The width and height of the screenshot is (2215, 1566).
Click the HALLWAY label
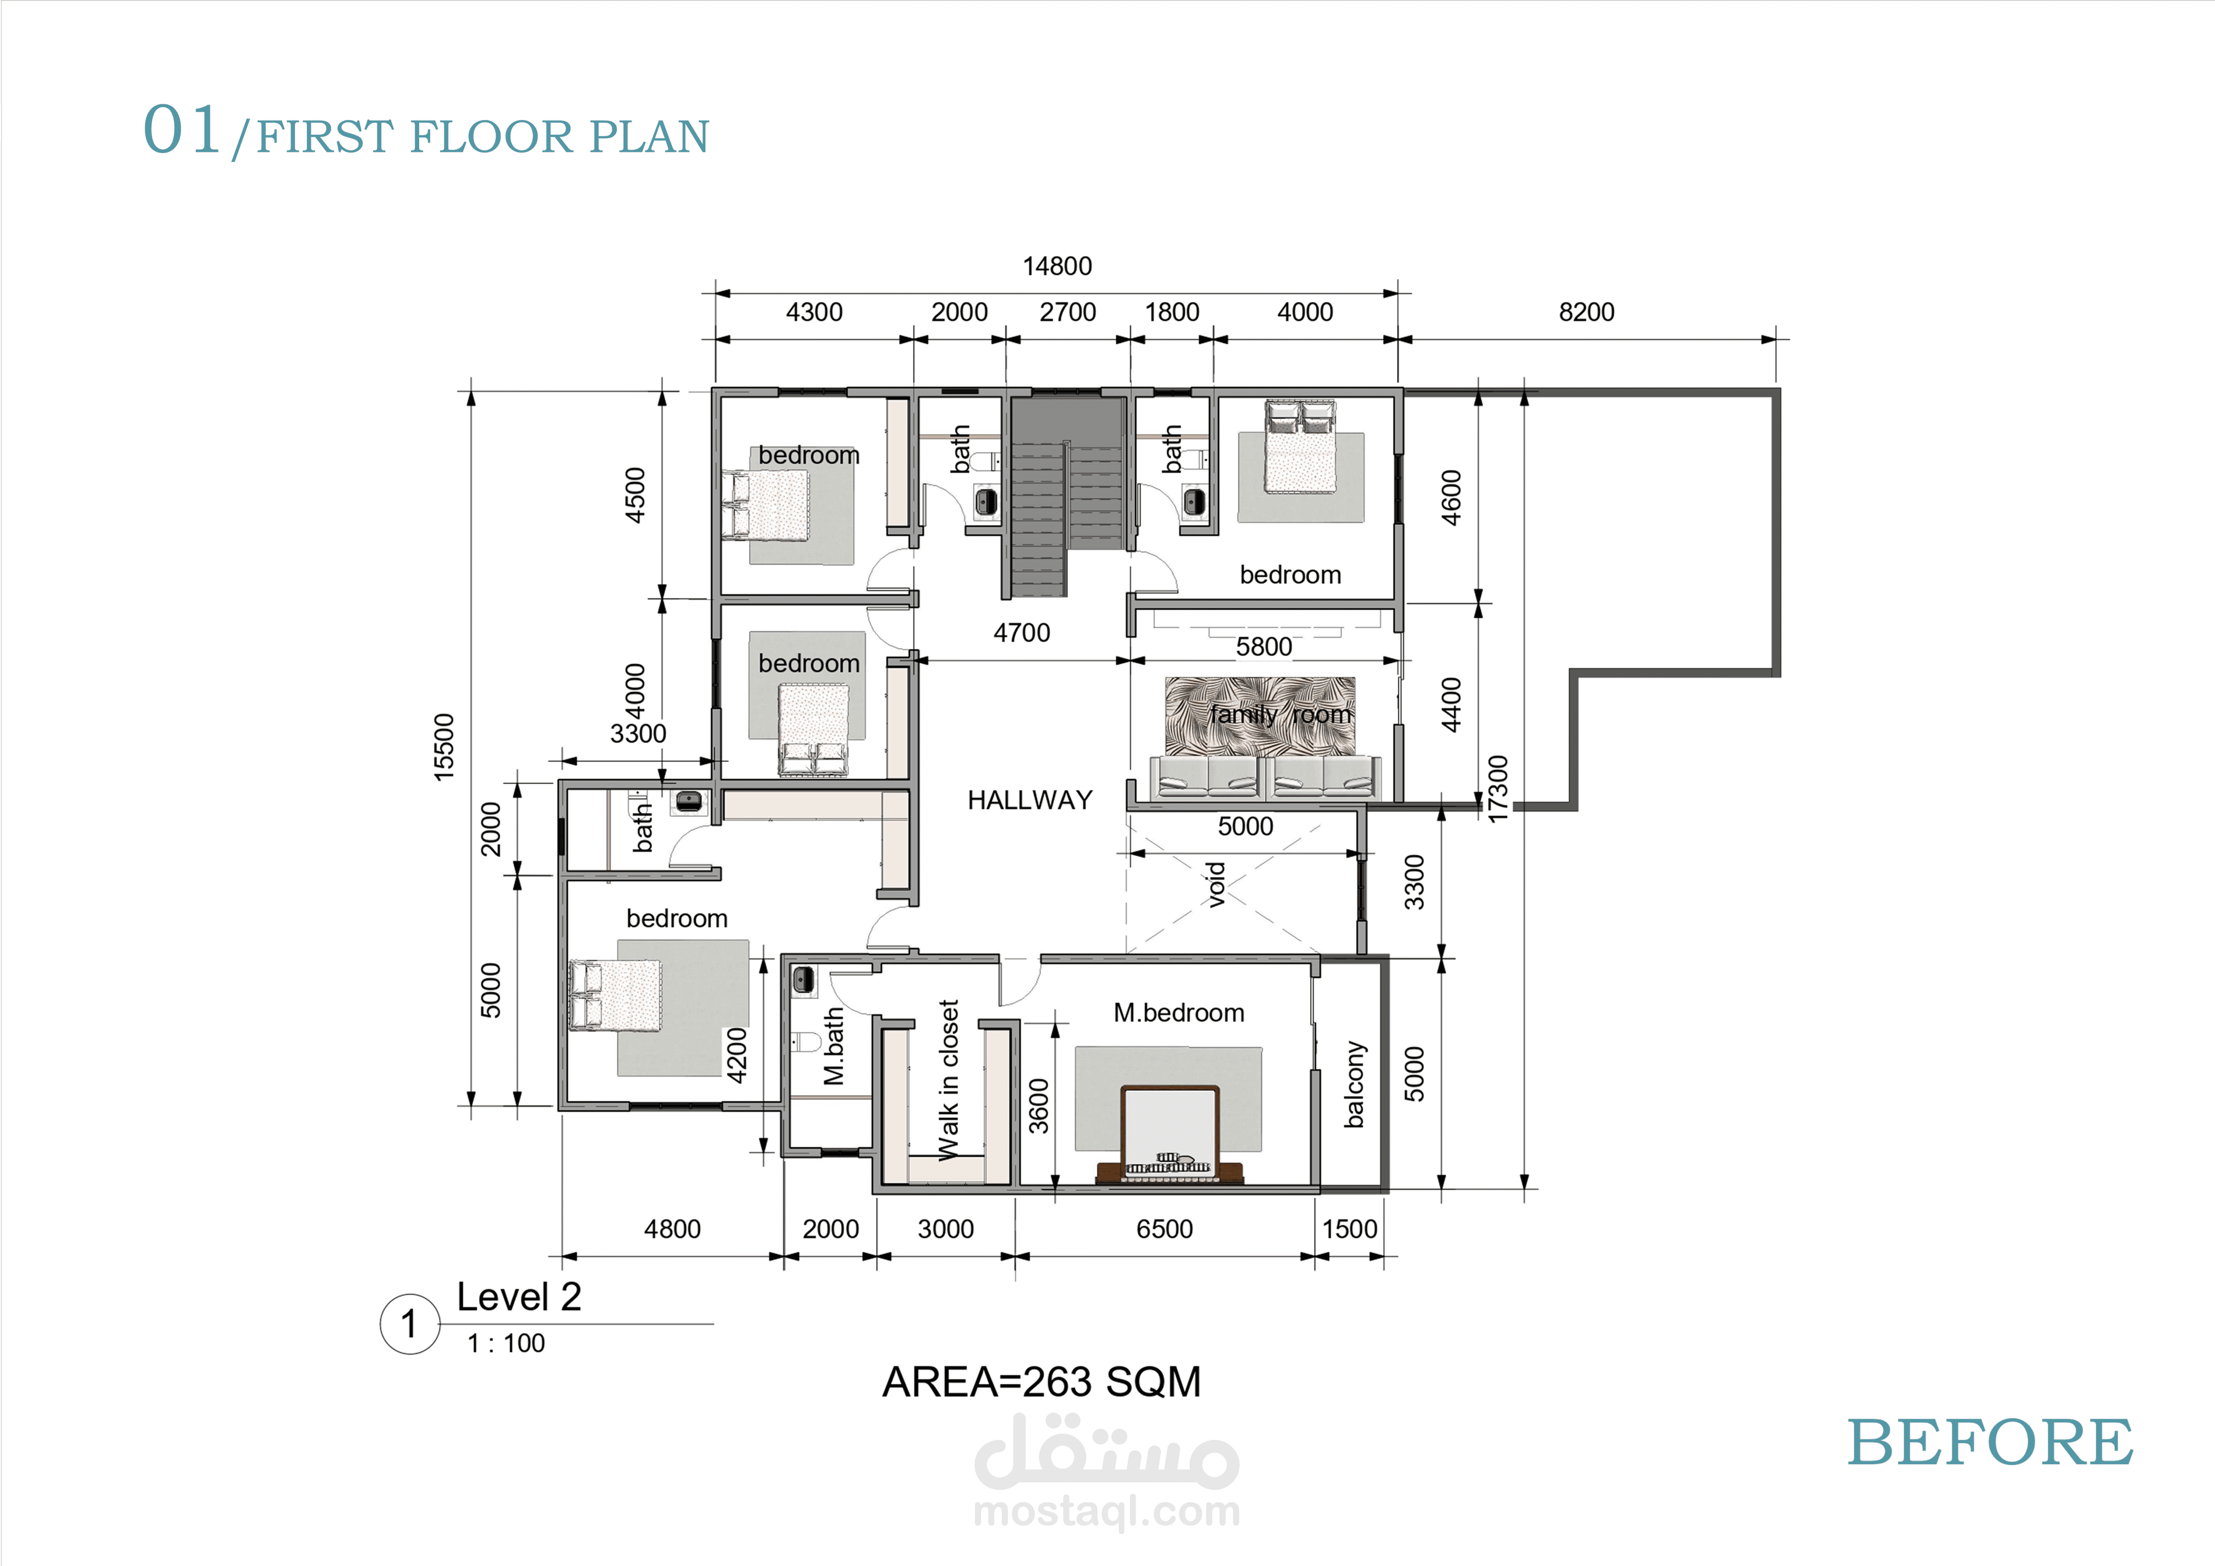click(x=1029, y=800)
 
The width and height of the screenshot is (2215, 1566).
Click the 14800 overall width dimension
click(x=1058, y=266)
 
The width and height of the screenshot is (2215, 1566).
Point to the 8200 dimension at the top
click(x=1586, y=312)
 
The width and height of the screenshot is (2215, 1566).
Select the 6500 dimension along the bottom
click(x=1165, y=1228)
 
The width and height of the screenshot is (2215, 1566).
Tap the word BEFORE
click(x=1990, y=1443)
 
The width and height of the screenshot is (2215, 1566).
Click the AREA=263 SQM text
click(x=1042, y=1382)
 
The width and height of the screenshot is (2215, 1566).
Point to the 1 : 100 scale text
click(x=506, y=1343)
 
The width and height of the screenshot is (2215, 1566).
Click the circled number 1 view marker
click(x=410, y=1324)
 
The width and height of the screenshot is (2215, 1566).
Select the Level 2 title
click(x=519, y=1297)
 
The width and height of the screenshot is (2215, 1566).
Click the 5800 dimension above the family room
click(x=1264, y=647)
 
